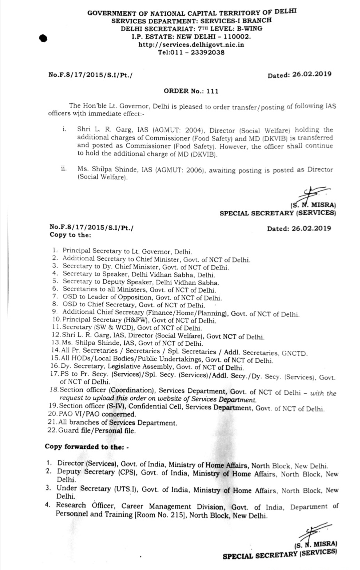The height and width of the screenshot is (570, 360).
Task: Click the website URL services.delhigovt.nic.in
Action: [191, 45]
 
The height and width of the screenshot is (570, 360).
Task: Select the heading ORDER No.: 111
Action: [191, 91]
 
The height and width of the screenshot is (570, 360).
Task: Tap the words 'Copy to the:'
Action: [71, 235]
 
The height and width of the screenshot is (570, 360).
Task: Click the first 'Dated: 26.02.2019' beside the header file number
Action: [299, 74]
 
